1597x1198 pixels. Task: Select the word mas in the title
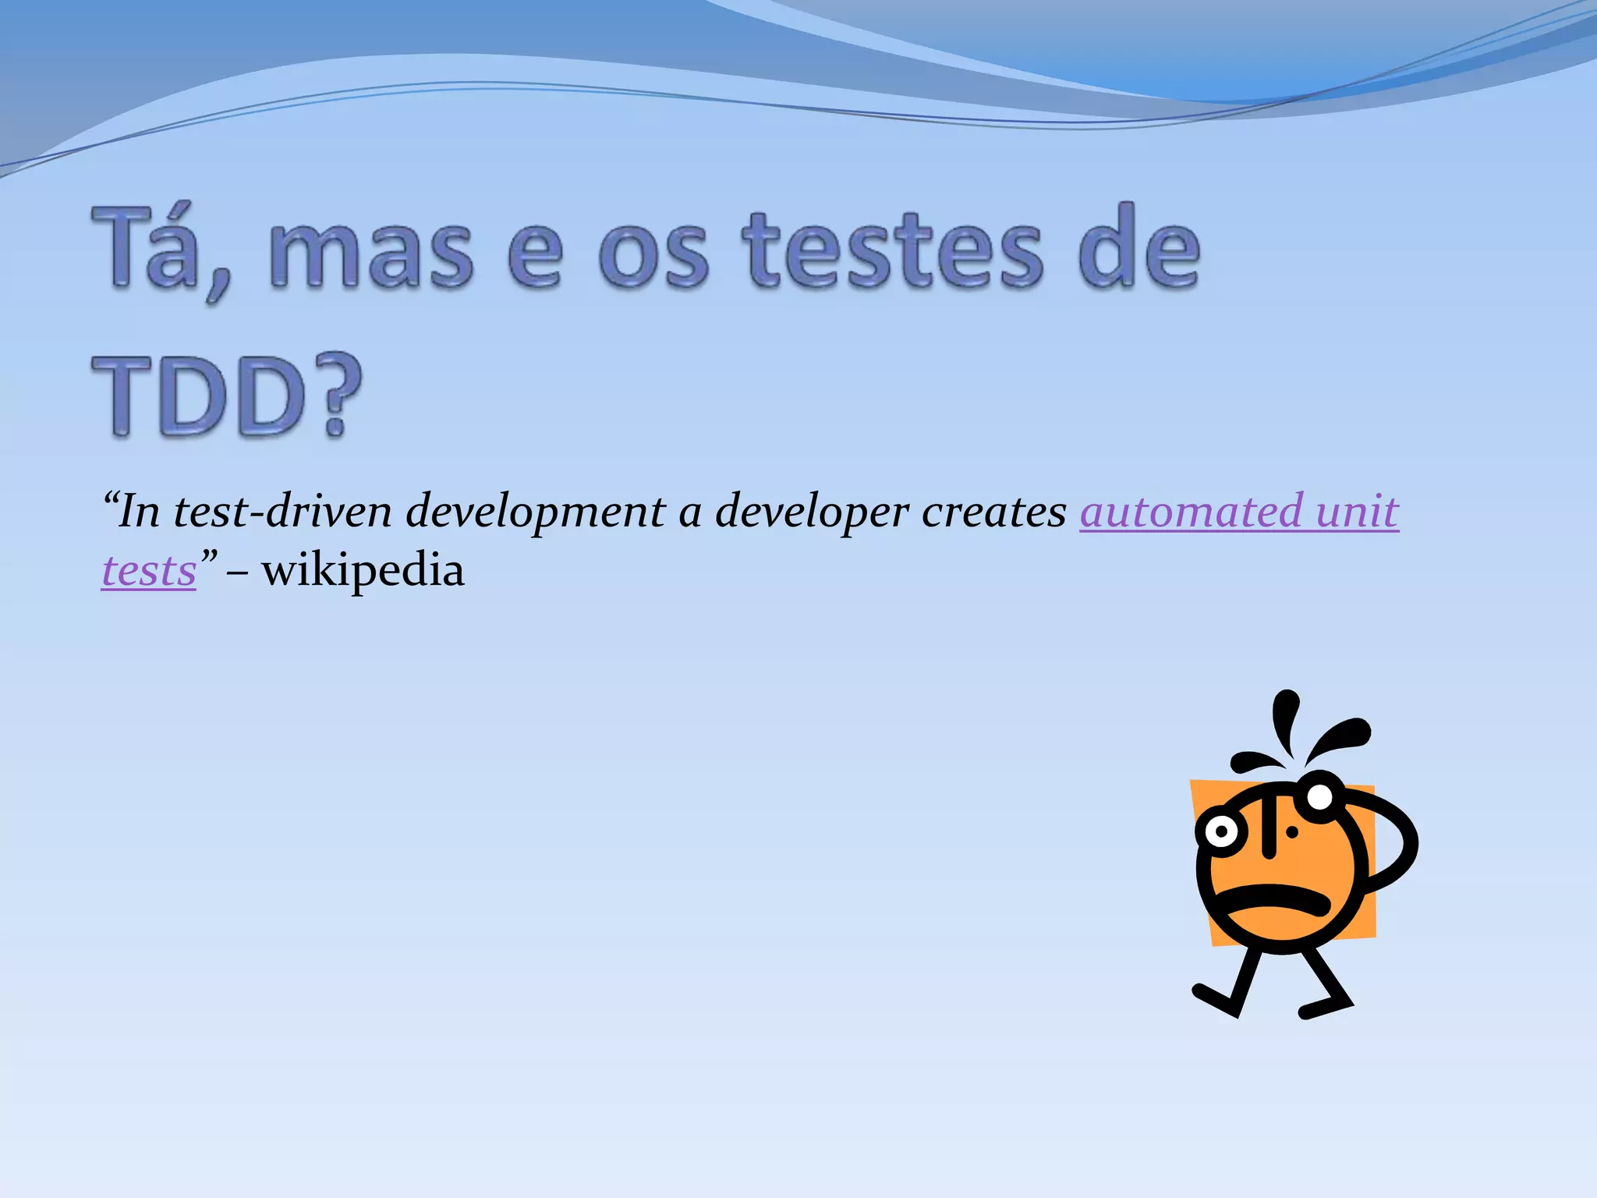370,251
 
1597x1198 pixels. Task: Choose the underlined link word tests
149,571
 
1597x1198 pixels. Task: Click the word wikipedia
363,571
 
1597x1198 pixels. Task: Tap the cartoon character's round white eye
1221,831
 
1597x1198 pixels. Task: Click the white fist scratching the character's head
1319,797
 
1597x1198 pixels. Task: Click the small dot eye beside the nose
1292,832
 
